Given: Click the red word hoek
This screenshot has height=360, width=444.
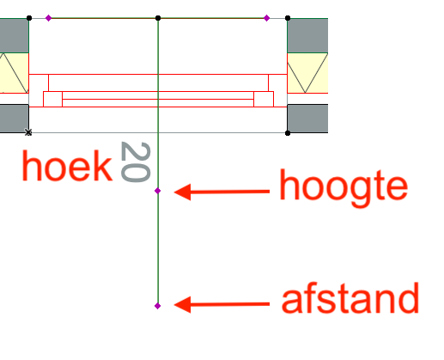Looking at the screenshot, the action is click(67, 166).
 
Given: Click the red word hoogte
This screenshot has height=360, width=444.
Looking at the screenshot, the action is click(344, 188).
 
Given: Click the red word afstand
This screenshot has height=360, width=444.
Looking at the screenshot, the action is click(350, 298).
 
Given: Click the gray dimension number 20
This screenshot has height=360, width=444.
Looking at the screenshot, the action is click(136, 162).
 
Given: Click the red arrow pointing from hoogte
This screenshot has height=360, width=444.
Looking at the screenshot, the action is click(222, 192).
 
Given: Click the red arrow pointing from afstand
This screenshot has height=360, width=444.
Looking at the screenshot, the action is click(222, 304).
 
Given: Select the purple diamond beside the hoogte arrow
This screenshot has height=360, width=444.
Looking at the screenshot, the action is click(157, 191).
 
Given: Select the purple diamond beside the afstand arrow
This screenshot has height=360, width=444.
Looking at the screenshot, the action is click(157, 306).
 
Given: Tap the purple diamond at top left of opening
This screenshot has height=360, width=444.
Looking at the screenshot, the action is click(48, 18).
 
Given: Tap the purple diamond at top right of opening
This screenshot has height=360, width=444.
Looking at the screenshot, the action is click(266, 18).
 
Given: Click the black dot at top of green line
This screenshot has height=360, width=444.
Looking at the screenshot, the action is click(158, 18).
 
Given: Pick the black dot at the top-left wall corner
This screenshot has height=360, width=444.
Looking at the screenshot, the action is click(29, 18).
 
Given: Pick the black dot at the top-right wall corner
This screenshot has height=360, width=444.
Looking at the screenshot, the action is click(288, 18).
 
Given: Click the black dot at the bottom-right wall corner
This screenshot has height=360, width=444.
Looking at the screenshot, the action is click(288, 133).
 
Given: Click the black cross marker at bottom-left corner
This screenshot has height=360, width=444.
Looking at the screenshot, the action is click(28, 132).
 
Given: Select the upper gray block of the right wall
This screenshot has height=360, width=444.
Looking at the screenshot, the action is click(307, 35).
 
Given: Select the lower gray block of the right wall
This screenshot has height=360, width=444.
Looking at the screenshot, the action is click(307, 119).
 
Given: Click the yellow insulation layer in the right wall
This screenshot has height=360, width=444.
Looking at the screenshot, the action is click(307, 73).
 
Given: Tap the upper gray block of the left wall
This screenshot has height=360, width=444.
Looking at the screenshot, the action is click(15, 35).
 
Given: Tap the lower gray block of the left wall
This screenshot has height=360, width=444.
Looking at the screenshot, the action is click(15, 119).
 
